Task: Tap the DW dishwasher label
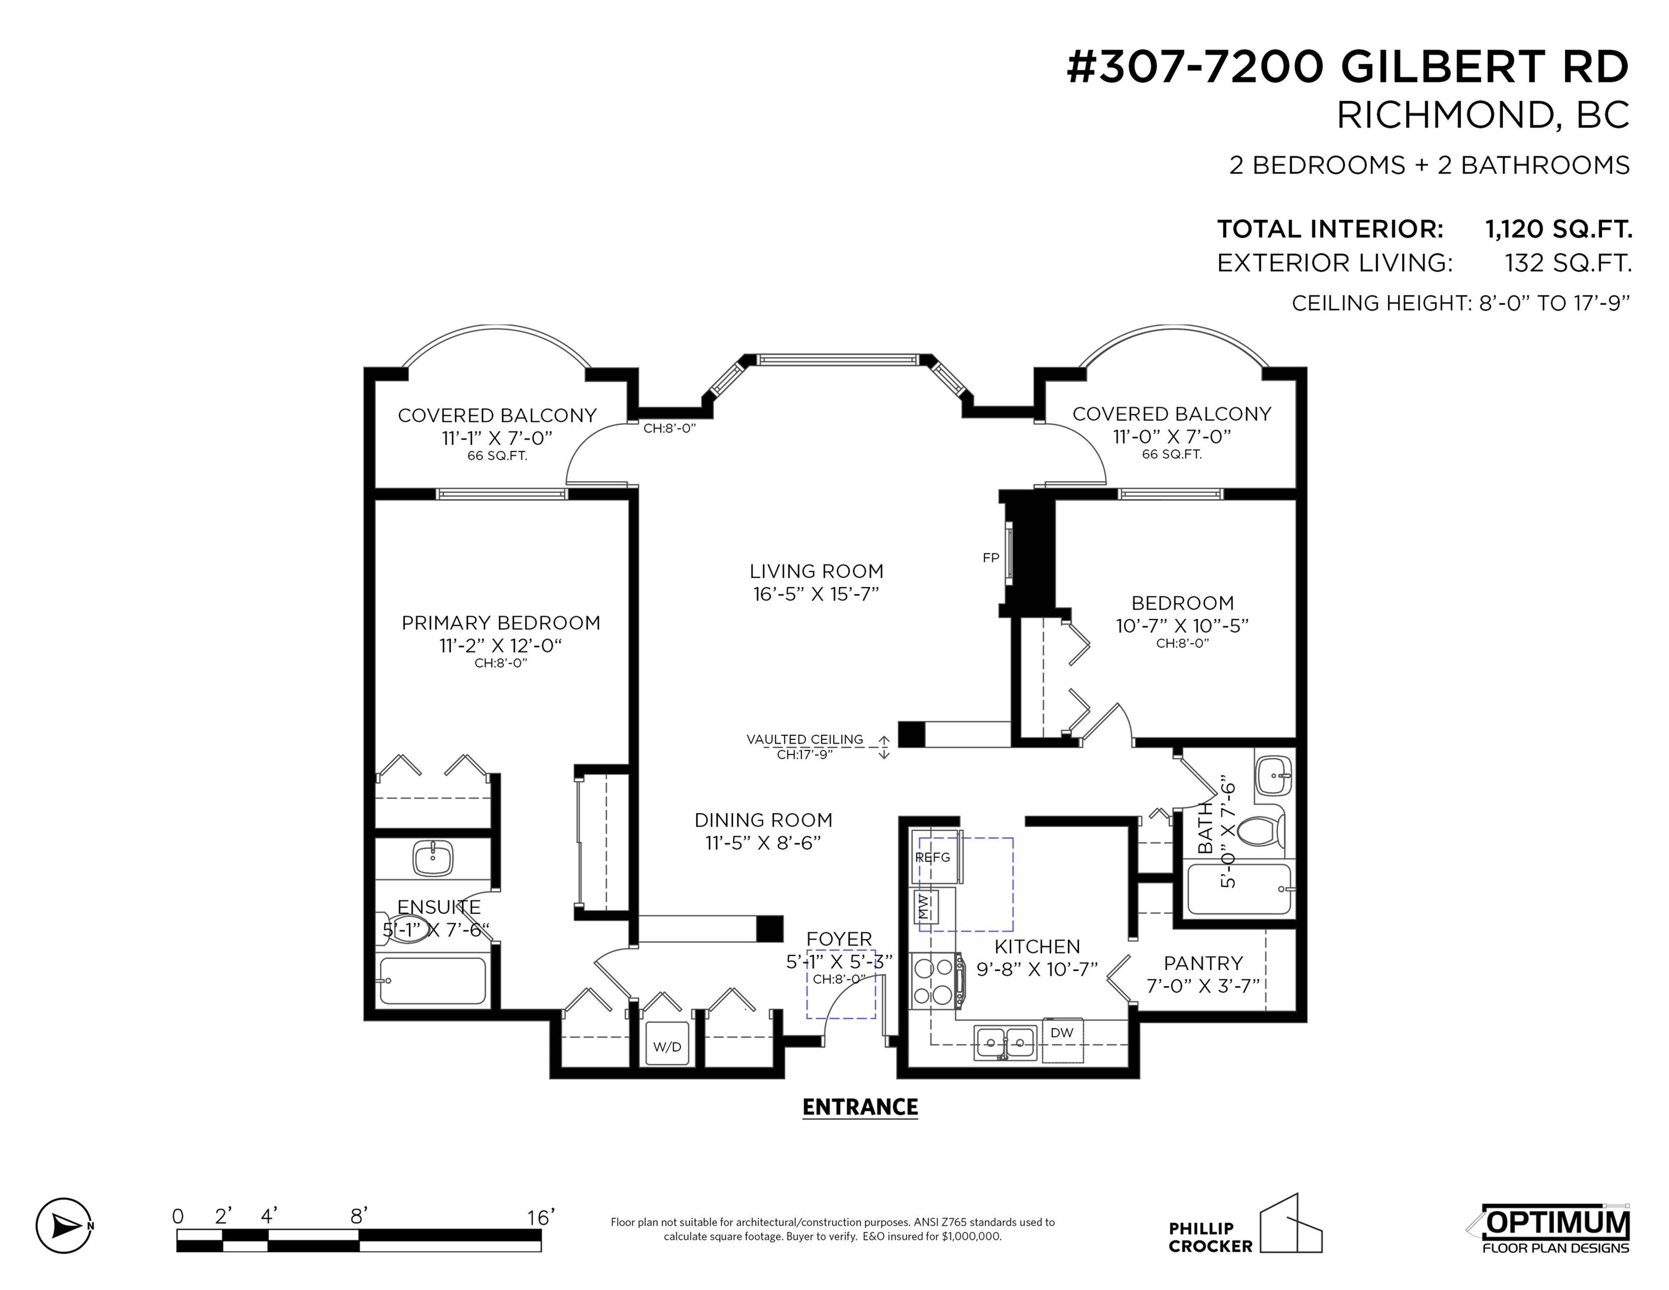(1061, 1032)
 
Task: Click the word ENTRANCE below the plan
(860, 1107)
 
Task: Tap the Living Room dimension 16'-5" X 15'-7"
(816, 594)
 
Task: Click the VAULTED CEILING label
(805, 739)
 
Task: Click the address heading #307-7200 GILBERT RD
(1347, 67)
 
